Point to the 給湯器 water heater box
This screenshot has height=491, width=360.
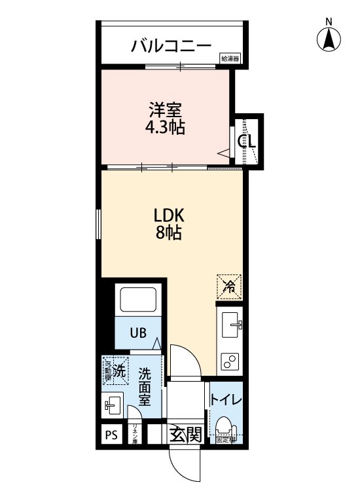tap(230, 59)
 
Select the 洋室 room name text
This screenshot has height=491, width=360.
tap(165, 107)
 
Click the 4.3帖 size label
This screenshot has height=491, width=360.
tap(165, 126)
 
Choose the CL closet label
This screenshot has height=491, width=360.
tap(247, 141)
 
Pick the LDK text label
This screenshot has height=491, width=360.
tap(170, 215)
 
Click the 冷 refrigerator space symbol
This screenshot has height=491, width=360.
tap(229, 285)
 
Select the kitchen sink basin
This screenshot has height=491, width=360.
tap(230, 323)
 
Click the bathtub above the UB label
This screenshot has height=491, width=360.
tap(136, 300)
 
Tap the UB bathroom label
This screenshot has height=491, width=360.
tap(137, 333)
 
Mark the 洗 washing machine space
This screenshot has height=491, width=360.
tap(116, 371)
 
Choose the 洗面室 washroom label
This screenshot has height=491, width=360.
tap(145, 386)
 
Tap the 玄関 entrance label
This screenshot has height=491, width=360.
tap(185, 435)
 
